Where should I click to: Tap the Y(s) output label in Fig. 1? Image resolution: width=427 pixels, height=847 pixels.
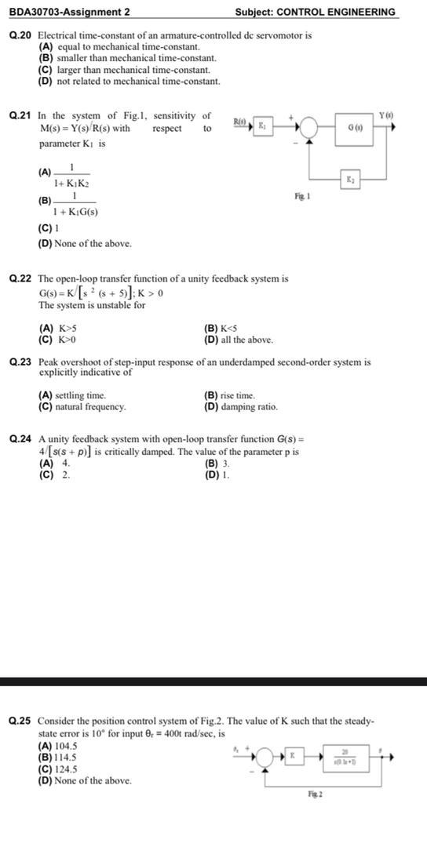[x=385, y=116]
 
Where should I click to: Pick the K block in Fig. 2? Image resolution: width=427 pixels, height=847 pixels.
[x=293, y=755]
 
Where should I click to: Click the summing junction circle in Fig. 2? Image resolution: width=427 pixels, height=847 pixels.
[x=265, y=758]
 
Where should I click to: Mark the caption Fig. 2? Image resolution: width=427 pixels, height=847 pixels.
[x=314, y=794]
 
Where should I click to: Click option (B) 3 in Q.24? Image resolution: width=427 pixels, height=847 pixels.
[x=215, y=463]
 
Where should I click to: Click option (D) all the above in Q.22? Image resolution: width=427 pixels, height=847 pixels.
[x=239, y=340]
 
